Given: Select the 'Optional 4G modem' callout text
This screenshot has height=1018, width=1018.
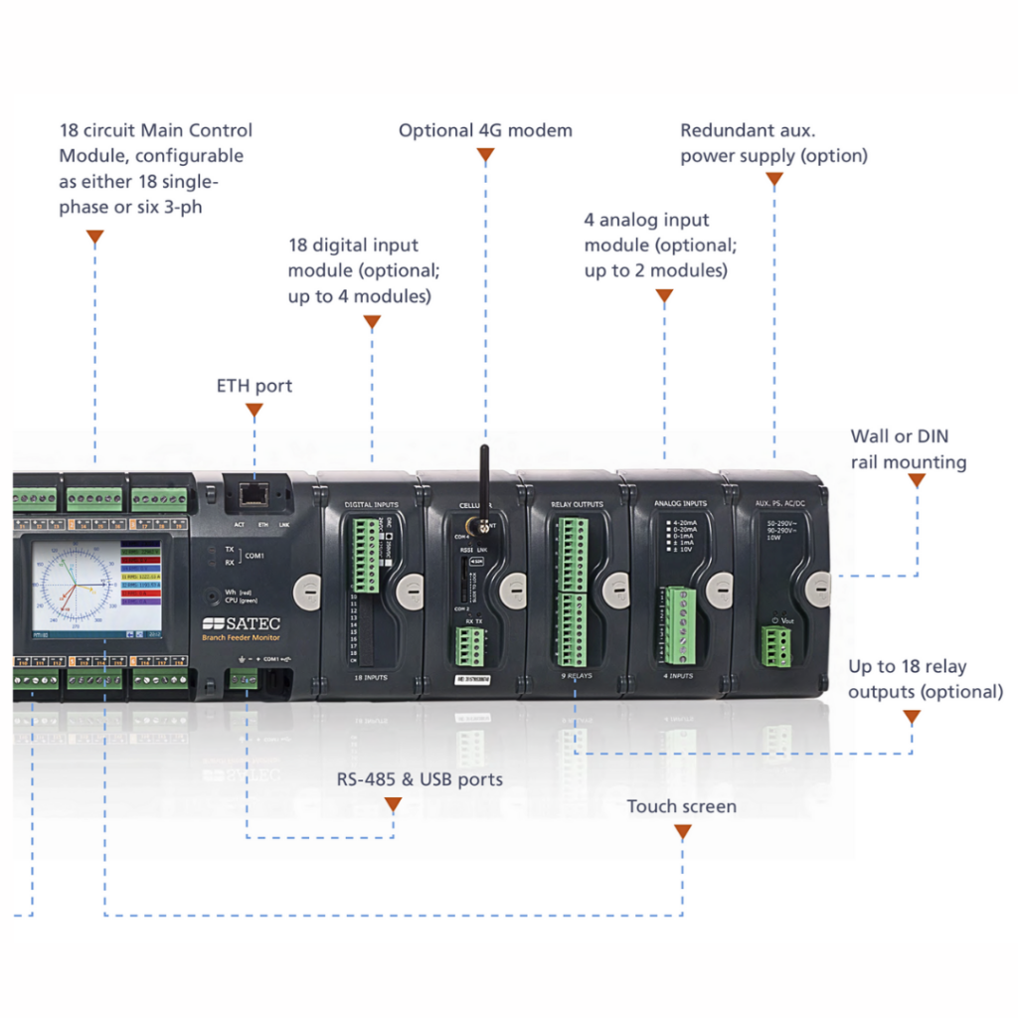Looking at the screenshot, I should pos(485,130).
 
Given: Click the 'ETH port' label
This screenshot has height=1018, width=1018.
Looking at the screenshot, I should pos(254,386).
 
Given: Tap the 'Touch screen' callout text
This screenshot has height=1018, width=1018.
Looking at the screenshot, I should pos(681,806).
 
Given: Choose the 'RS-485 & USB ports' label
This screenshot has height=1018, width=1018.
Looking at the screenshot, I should pos(420,779).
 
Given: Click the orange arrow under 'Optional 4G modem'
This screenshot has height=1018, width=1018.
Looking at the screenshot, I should pos(485,155).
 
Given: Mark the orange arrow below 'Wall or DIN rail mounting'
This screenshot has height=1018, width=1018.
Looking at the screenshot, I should pos(917,481).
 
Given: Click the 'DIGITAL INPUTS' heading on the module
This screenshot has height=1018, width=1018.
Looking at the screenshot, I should pos(371,505).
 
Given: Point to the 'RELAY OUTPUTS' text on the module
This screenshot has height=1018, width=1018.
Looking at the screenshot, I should pos(578,505).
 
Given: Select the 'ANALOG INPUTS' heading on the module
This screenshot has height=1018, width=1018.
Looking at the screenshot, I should pos(680,504).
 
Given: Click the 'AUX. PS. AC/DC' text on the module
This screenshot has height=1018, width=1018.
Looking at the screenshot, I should pos(782,504).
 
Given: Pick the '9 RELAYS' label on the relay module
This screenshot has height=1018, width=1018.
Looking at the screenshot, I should pos(577,677).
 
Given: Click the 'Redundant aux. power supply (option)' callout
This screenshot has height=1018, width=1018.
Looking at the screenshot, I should pos(773,143).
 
